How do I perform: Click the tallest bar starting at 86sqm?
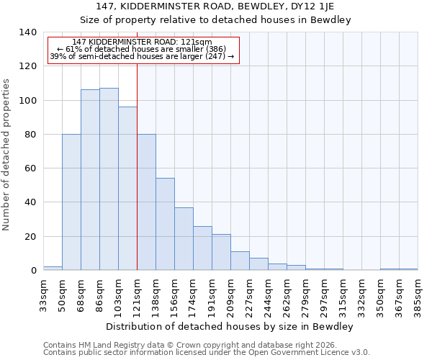109,179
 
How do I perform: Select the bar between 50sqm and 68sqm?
71,202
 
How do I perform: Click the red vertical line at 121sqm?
137,166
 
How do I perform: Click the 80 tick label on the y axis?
30,135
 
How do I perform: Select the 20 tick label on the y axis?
30,237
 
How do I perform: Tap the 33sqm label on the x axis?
43,294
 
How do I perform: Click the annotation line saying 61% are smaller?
141,49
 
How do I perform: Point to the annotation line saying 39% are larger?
142,56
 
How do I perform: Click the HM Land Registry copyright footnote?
194,345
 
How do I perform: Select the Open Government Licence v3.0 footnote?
207,352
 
